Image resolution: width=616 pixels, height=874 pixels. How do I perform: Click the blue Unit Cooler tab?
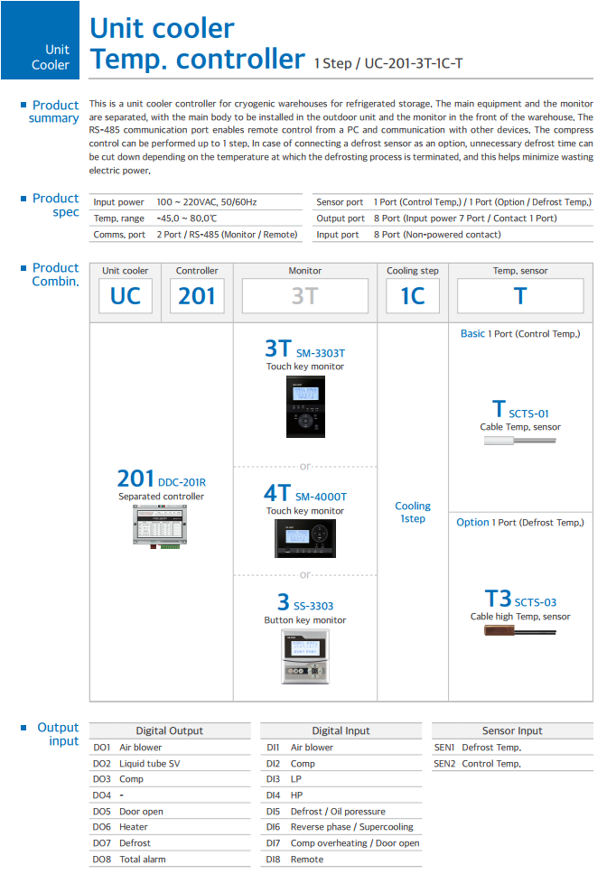pos(40,41)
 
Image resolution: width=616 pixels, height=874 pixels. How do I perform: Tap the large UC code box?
pos(125,296)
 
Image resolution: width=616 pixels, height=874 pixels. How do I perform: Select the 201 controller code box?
pos(197,296)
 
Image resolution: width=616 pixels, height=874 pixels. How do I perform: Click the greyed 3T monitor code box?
pos(304,296)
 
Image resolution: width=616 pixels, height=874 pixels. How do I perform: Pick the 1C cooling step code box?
pos(412,296)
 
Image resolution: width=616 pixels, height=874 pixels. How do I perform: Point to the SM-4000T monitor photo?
pos(305,539)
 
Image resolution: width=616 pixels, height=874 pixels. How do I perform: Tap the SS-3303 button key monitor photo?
pos(305,656)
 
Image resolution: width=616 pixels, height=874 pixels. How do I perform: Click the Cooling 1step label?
pos(413,512)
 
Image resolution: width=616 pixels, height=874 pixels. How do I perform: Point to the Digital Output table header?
pos(170,730)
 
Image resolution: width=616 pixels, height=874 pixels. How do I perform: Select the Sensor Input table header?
pos(511,730)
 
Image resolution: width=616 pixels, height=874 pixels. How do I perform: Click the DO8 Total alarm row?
pos(143,860)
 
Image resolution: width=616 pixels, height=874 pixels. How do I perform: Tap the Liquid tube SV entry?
pos(150,764)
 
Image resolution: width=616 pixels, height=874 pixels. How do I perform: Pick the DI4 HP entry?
pos(296,795)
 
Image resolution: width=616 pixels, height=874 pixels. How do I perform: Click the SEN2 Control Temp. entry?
pos(491,764)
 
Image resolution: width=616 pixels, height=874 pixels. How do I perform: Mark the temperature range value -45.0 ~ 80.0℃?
pos(187,218)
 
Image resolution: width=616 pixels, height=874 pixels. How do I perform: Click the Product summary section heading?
pos(54,112)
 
